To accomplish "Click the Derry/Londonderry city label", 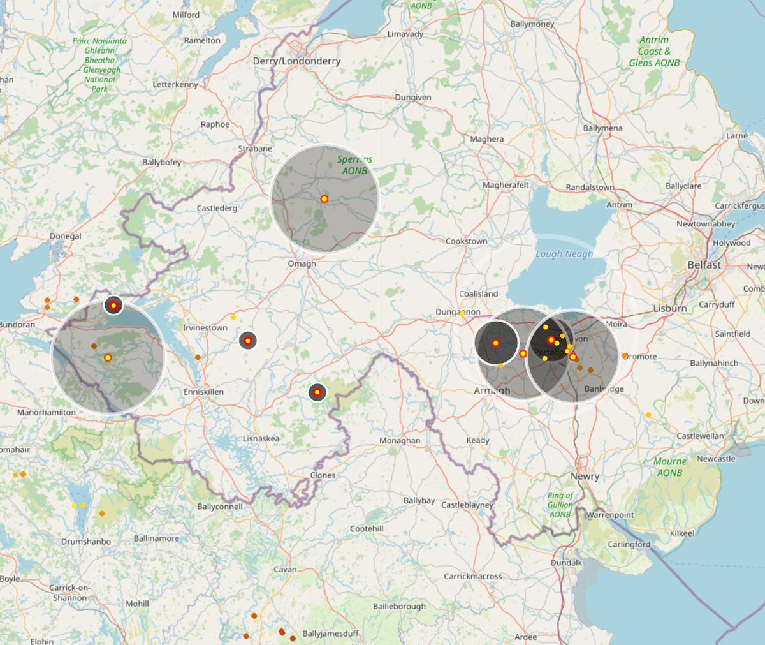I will (296, 61).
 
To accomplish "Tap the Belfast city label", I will (704, 265).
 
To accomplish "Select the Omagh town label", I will (302, 263).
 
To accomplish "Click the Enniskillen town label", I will (203, 392).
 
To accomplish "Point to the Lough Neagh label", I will (564, 254).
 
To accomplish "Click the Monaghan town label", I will (400, 441).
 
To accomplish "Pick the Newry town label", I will (585, 477).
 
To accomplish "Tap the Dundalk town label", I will (566, 563).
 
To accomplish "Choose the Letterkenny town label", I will (175, 85).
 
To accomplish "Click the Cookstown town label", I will (466, 241).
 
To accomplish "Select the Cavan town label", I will (285, 569).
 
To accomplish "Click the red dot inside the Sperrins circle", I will (324, 199).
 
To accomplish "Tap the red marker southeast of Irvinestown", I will (248, 341).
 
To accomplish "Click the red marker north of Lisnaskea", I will (317, 392).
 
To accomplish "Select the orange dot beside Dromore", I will (625, 356).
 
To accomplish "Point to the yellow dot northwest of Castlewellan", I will (648, 415).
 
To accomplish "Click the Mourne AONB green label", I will (669, 467).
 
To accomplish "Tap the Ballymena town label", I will (602, 128).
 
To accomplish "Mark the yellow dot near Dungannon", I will (462, 313).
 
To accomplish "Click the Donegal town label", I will (66, 236).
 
